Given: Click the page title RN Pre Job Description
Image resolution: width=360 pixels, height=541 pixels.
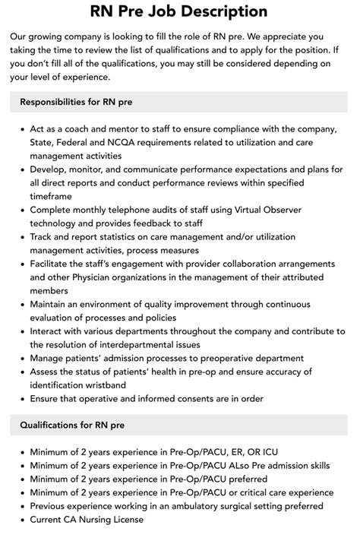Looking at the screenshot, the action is [179, 11].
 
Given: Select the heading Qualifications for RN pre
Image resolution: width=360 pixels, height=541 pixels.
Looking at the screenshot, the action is [78, 425].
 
